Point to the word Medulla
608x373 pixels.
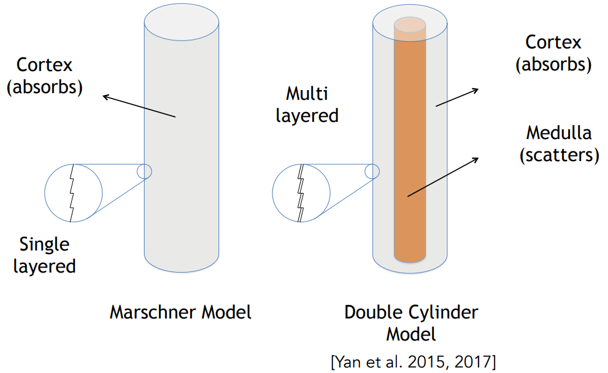[559, 133]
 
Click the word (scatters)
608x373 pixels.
[559, 155]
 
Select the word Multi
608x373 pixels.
[307, 94]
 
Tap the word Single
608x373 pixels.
[44, 245]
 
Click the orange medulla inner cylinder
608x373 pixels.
[410, 139]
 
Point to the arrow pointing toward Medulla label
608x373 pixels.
[443, 177]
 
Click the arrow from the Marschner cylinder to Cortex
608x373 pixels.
[139, 105]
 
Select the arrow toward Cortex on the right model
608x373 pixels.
[457, 97]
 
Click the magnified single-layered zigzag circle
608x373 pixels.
[73, 193]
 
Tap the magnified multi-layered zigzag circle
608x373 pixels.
[301, 193]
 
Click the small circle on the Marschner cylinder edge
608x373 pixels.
[144, 171]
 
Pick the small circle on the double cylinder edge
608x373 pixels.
[372, 171]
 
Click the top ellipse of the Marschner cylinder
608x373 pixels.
[182, 22]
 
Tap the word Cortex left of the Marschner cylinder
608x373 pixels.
[44, 65]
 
